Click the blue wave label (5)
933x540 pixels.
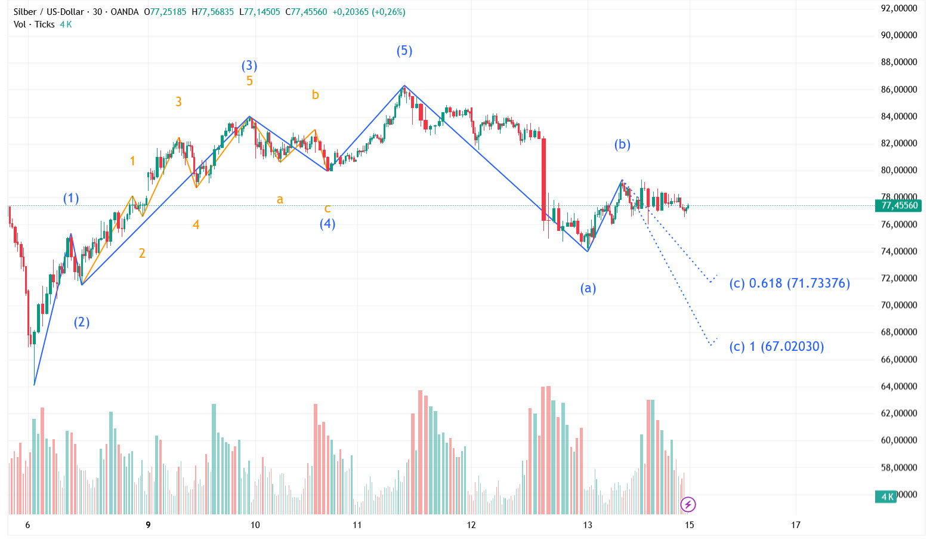404,51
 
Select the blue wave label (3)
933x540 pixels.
249,66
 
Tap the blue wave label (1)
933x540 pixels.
71,198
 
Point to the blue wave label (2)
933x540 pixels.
82,322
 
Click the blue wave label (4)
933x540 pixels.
327,224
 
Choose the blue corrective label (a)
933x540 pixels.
588,288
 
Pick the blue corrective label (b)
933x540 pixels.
622,144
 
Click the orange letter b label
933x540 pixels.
316,95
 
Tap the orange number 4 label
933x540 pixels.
196,225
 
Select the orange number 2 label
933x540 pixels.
142,254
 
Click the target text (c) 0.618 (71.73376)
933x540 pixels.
789,283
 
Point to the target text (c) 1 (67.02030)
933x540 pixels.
776,346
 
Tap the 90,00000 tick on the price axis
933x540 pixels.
898,35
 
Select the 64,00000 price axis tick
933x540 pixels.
898,386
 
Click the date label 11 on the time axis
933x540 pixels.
357,525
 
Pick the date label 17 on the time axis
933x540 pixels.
795,525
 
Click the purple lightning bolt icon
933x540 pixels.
688,505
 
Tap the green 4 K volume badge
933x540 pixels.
886,496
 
